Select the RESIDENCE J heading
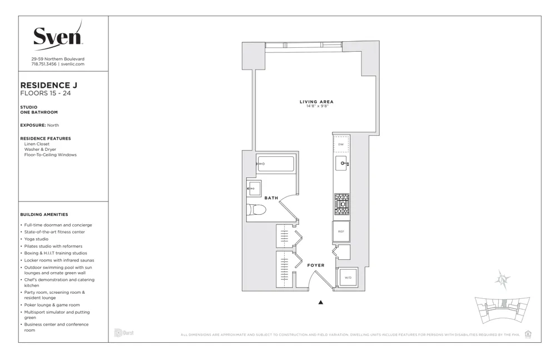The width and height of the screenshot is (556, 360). [48, 85]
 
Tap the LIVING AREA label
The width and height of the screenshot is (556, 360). [316, 102]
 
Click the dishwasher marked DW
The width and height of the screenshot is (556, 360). [341, 145]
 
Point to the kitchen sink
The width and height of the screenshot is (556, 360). [341, 163]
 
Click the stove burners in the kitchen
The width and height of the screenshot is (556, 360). [341, 204]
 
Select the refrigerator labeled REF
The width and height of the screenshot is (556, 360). [341, 231]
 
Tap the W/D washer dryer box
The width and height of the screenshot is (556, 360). [348, 277]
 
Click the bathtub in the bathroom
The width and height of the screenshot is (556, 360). [275, 165]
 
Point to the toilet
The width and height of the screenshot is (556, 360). [257, 210]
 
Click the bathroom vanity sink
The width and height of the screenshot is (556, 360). [254, 189]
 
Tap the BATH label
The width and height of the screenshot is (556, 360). [271, 198]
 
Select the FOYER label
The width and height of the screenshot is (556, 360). [316, 265]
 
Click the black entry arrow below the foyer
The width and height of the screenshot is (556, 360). [320, 303]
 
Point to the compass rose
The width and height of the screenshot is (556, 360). [503, 279]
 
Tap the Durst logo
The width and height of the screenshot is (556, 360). [123, 333]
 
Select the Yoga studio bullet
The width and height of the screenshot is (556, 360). [36, 239]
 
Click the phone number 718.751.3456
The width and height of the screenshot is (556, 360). [44, 64]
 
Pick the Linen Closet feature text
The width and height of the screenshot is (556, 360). [37, 144]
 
